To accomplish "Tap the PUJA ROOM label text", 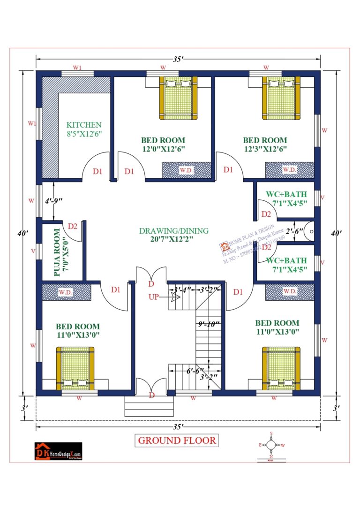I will (x=57, y=252).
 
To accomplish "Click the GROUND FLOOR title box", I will (x=177, y=440).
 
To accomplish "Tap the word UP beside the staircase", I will (x=154, y=297).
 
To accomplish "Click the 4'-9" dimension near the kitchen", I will (x=54, y=201).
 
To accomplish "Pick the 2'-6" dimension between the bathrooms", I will (x=295, y=231).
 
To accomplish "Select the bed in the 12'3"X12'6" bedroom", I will (x=280, y=97).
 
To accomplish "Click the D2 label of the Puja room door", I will (x=72, y=227).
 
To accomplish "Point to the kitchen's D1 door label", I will (x=97, y=171).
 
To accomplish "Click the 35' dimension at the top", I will (x=178, y=59).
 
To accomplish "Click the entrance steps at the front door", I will (x=147, y=406).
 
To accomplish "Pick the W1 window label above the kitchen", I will (x=77, y=68).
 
